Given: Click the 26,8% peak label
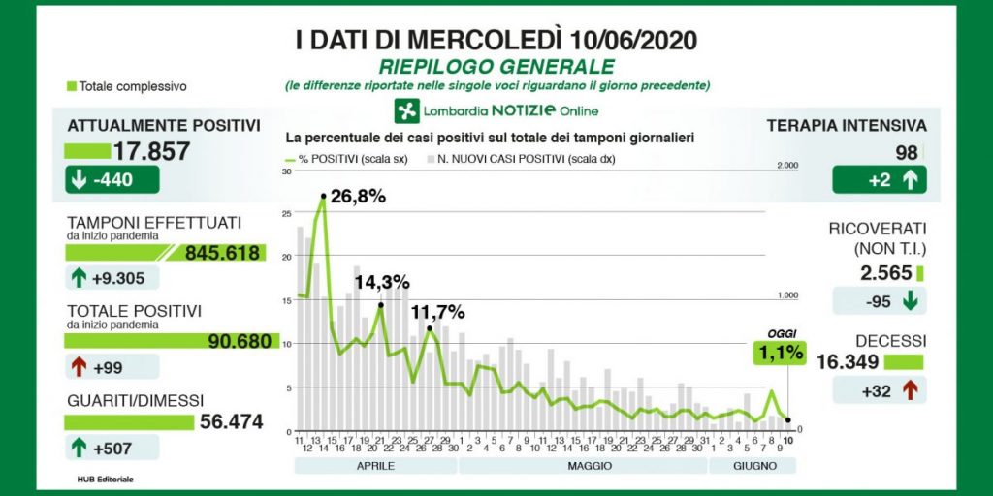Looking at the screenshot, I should (x=358, y=197).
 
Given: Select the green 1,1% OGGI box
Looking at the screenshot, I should (x=779, y=353).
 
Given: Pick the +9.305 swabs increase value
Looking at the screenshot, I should (x=112, y=277).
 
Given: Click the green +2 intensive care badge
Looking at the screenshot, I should (x=879, y=179).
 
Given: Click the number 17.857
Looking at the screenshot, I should (x=151, y=151).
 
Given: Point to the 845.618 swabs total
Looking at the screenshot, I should (x=222, y=253).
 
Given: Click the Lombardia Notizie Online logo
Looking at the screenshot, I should (x=496, y=109).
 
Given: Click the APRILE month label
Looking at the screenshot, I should (x=373, y=466).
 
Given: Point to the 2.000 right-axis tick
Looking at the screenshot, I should (x=787, y=167).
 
